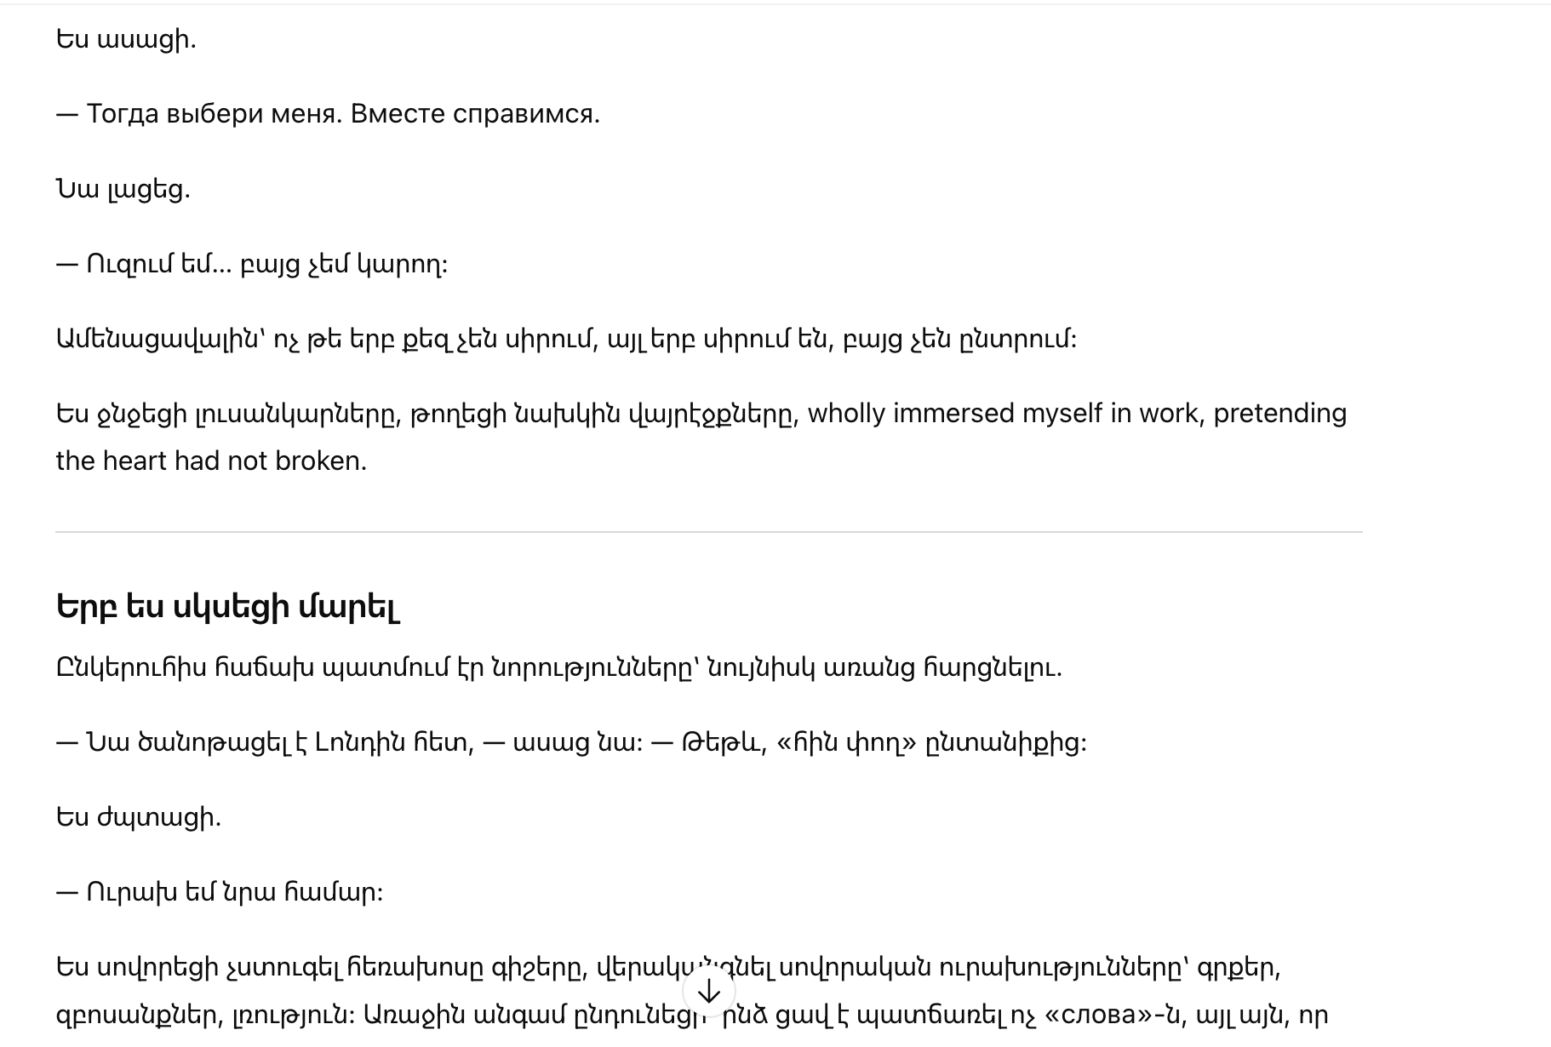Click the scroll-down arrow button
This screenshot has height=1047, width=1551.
coord(708,992)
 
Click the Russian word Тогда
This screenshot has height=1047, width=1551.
coord(122,114)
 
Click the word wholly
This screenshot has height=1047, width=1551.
coord(846,414)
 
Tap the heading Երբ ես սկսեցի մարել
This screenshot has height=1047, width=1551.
coord(228,607)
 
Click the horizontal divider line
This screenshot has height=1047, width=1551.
coord(708,532)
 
